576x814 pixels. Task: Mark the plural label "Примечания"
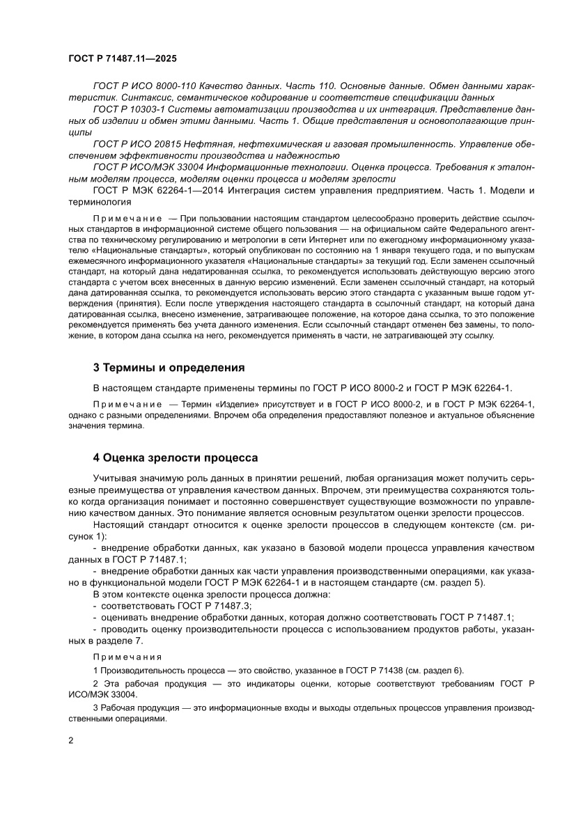point(127,656)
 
